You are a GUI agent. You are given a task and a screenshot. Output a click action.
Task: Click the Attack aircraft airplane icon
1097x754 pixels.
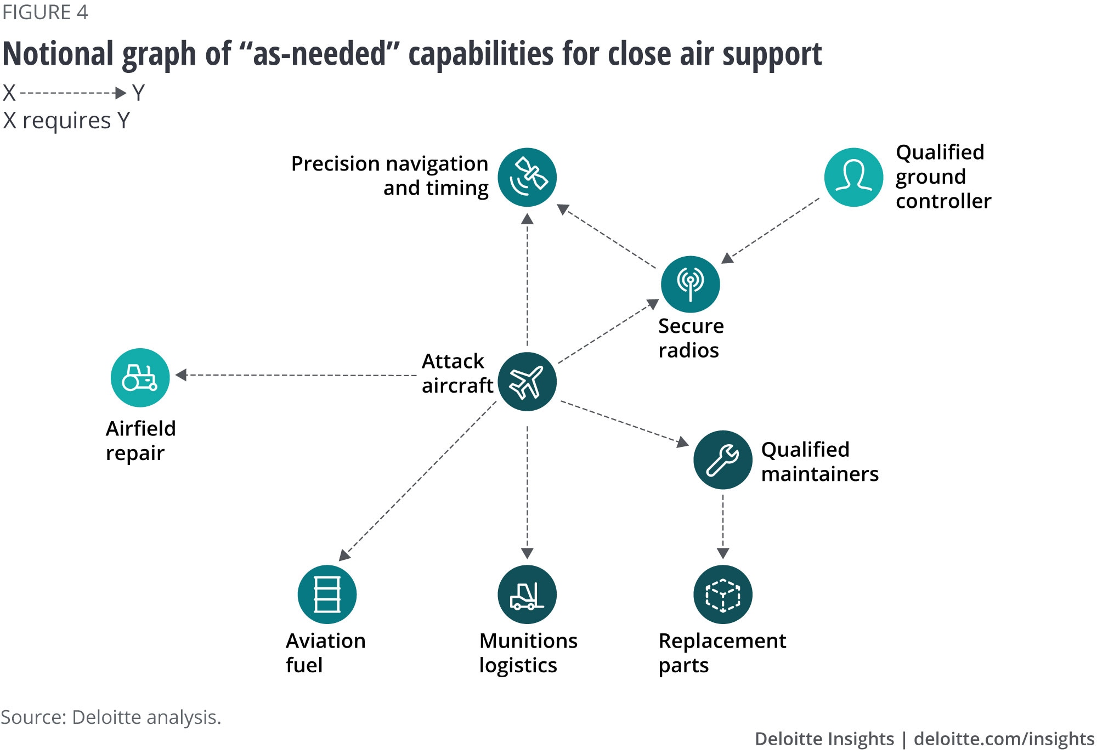[x=527, y=382]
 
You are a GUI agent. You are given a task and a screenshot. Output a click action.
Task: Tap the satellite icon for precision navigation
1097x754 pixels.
[x=527, y=177]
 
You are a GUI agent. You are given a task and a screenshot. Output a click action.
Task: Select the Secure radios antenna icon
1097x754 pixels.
[x=690, y=284]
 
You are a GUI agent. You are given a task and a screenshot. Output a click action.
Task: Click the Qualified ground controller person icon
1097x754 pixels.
[x=853, y=177]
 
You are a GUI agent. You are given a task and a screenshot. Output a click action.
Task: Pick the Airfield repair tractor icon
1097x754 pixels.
[x=140, y=377]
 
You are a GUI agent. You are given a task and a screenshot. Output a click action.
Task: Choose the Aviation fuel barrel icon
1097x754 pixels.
[x=327, y=594]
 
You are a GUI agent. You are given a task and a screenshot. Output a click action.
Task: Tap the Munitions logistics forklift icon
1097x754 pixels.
[x=527, y=594]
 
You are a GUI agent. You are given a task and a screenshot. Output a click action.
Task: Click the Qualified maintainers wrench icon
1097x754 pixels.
[x=723, y=460]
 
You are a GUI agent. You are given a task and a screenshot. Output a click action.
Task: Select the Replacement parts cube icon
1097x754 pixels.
[x=723, y=594]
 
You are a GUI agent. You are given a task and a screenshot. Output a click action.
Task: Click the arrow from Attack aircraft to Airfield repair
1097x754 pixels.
[x=296, y=375]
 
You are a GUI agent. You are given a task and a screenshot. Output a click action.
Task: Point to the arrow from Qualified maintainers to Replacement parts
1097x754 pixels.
[x=723, y=526]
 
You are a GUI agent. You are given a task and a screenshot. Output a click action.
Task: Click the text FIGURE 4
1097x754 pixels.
[x=45, y=12]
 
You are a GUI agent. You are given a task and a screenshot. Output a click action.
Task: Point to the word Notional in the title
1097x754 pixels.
[x=60, y=54]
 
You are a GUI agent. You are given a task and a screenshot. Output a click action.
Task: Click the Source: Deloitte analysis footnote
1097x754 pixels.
[x=111, y=717]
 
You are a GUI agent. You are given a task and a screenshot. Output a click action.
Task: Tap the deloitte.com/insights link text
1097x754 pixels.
[x=1004, y=739]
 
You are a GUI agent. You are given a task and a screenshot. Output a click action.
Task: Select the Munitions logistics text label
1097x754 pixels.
[x=528, y=653]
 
